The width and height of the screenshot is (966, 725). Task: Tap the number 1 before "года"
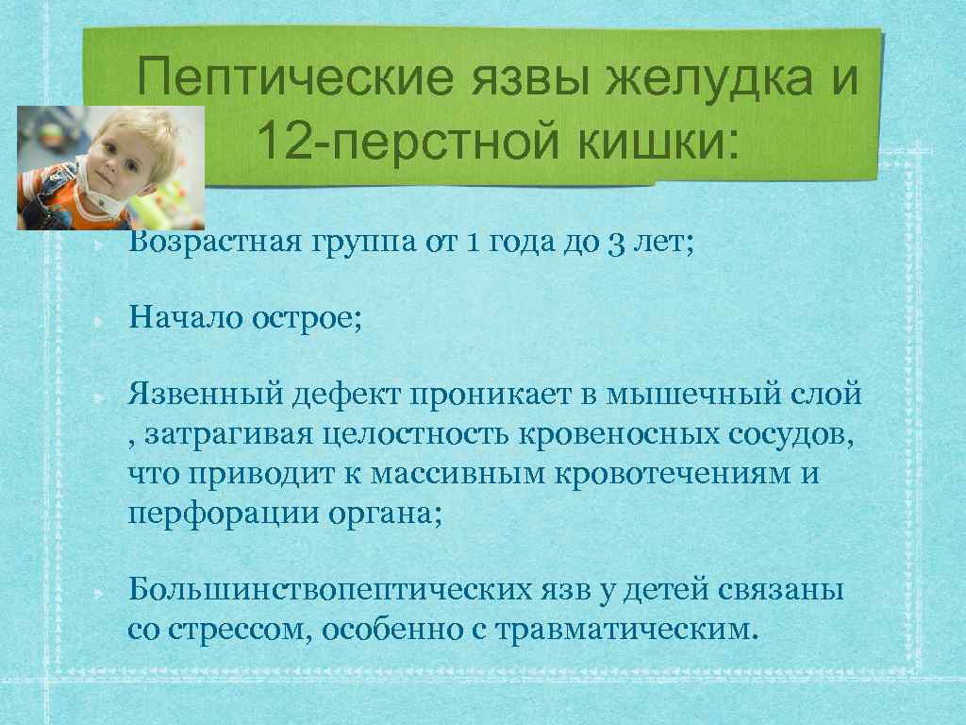click(473, 244)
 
